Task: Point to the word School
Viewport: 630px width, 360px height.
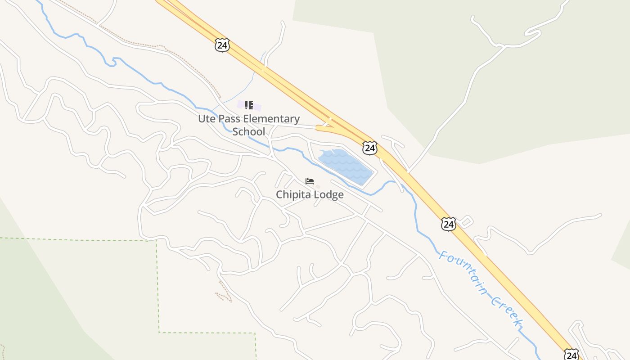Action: click(248, 132)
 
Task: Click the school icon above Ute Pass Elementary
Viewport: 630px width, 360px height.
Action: click(248, 105)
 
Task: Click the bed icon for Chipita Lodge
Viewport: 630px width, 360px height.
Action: click(310, 181)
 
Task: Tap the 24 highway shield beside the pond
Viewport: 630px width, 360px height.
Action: click(369, 148)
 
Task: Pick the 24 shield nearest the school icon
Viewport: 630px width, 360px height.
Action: click(222, 45)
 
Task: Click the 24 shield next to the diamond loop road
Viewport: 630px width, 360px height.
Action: click(448, 224)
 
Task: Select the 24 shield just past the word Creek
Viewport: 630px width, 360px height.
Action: click(571, 355)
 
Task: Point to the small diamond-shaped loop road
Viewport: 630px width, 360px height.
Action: click(466, 221)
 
